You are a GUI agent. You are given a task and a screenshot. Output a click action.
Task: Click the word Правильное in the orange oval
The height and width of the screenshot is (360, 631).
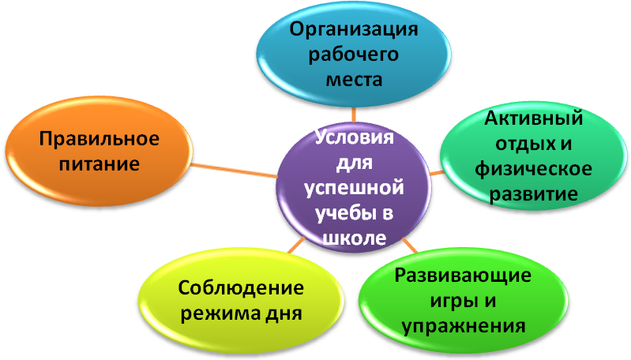100,140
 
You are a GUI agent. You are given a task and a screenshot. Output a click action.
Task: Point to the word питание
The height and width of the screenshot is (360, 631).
100,164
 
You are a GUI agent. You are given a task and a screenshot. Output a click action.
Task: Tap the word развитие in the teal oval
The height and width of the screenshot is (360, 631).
535,193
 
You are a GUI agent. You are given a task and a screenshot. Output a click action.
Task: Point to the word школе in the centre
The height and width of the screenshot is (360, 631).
355,238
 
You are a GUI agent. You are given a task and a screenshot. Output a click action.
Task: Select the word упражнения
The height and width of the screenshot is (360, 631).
463,325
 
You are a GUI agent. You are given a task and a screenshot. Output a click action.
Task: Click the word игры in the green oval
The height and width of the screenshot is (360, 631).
441,301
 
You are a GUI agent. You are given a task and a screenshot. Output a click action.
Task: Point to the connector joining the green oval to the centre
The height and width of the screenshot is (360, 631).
407,244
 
